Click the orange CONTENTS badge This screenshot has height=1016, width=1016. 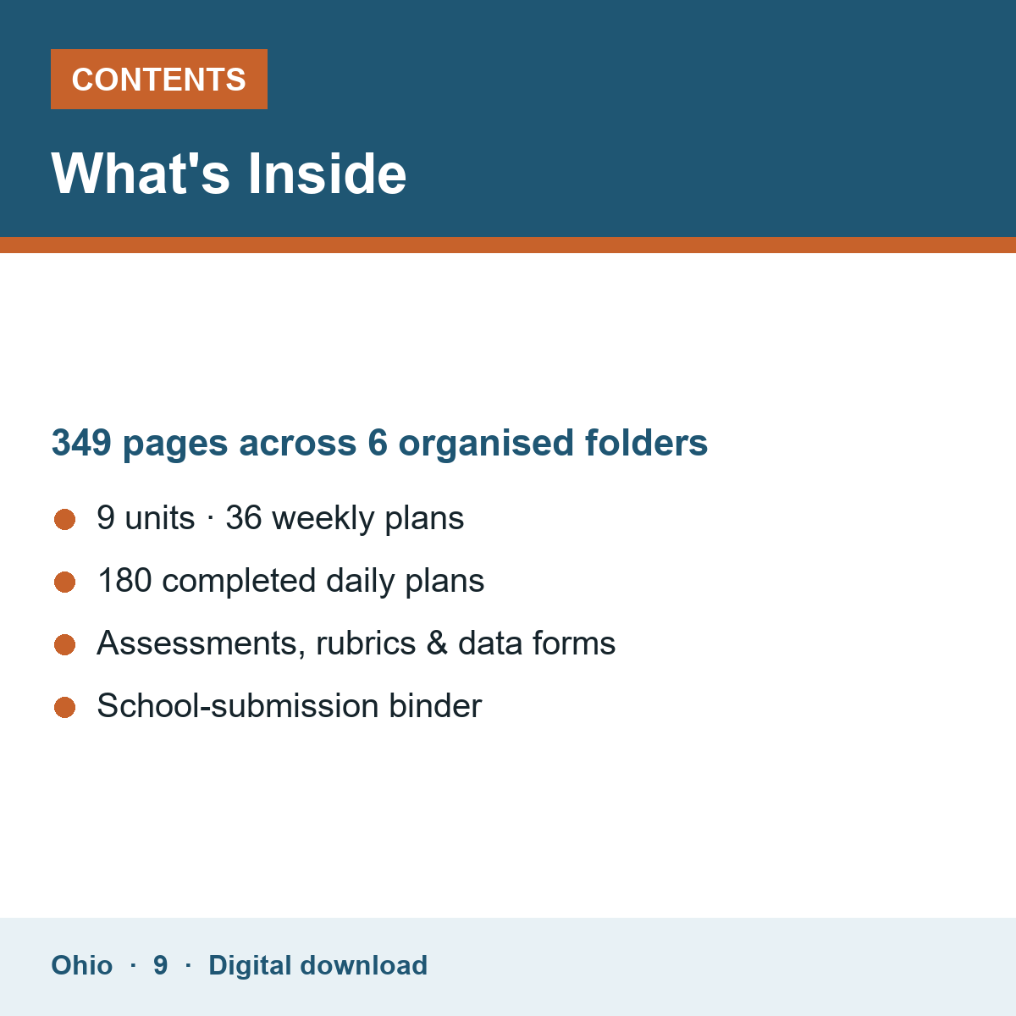click(158, 79)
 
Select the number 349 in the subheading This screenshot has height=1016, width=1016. click(81, 442)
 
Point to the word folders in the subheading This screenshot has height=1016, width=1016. click(646, 442)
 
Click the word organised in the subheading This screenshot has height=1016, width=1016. click(486, 444)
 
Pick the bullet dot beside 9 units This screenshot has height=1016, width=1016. click(65, 519)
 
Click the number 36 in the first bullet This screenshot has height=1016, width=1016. click(244, 518)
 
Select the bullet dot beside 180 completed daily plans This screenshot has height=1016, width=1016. click(65, 582)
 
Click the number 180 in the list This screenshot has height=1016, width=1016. click(125, 581)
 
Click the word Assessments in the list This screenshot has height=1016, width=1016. click(202, 643)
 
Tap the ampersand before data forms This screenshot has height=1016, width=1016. click(437, 643)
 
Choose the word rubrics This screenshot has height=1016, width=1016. click(366, 643)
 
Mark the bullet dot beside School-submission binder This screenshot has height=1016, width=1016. click(65, 707)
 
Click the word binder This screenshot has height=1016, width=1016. click(435, 705)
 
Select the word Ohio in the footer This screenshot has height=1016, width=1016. click(82, 965)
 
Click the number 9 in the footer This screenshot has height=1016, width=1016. click(160, 965)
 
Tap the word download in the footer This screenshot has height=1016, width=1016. click(364, 965)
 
